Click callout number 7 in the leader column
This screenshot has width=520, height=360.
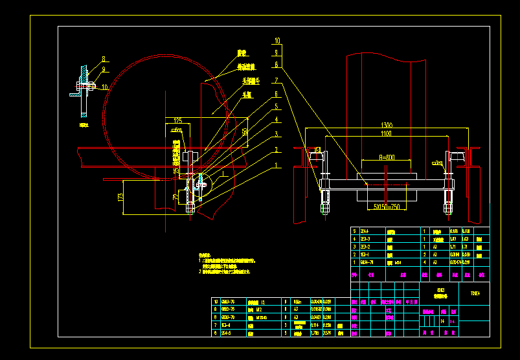click(x=276, y=80)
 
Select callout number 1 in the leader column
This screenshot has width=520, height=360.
click(x=276, y=165)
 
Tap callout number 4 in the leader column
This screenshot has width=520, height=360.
click(x=276, y=119)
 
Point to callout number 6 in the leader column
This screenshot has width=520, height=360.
click(x=276, y=94)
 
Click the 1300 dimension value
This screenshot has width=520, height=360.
click(x=387, y=124)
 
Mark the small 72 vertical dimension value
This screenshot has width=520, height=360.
click(x=175, y=196)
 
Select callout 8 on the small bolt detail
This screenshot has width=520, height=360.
click(x=102, y=60)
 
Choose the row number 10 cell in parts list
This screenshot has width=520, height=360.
click(x=216, y=302)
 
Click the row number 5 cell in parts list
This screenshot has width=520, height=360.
click(x=354, y=231)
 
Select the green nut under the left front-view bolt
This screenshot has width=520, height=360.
click(x=324, y=208)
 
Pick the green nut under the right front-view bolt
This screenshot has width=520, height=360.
click(x=447, y=208)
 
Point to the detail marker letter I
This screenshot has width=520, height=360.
click(x=221, y=175)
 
